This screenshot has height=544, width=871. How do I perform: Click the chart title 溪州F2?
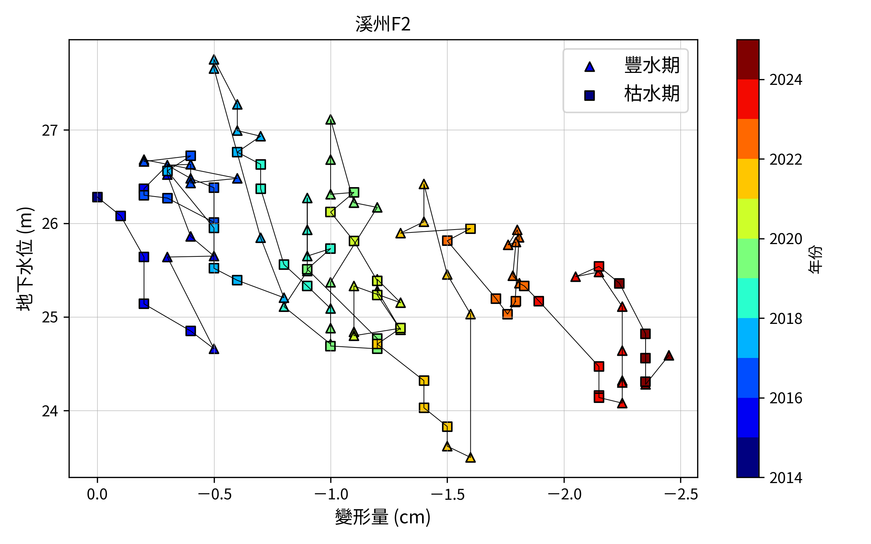click(383, 24)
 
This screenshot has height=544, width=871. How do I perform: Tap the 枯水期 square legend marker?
click(589, 95)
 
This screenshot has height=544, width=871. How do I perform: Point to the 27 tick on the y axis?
click(50, 130)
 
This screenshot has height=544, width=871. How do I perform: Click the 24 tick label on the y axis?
click(50, 411)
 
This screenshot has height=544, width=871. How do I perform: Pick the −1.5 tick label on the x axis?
click(447, 494)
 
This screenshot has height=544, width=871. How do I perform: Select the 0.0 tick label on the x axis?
click(97, 494)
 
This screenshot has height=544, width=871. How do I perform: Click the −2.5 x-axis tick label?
click(680, 494)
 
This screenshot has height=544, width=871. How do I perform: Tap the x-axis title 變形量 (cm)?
click(383, 517)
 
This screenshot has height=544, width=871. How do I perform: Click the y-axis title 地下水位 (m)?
click(25, 259)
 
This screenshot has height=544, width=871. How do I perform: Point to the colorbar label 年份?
click(815, 259)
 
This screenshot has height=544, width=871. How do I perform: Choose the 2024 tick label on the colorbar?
click(786, 80)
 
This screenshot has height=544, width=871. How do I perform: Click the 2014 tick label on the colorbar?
click(786, 478)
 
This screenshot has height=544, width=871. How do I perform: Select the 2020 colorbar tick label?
click(786, 239)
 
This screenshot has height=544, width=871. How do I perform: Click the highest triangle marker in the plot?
click(214, 60)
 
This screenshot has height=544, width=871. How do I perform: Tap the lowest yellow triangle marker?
click(470, 458)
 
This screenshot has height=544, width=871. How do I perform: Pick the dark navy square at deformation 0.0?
click(97, 197)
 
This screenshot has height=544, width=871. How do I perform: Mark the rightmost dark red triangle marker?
click(669, 356)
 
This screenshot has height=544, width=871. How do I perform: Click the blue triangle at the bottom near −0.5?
click(214, 349)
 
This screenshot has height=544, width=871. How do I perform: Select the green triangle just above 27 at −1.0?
click(331, 120)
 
